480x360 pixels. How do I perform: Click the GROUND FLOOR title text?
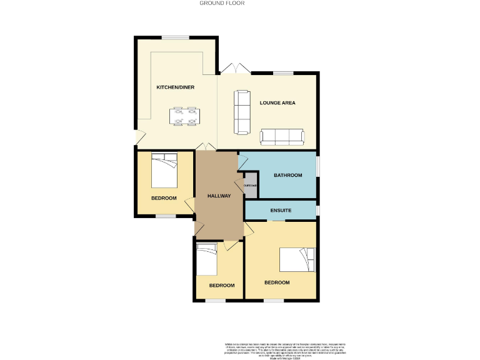click(222, 3)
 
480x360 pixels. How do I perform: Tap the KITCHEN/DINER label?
click(176, 87)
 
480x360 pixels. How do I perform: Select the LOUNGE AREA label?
click(277, 102)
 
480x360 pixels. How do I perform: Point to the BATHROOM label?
click(288, 176)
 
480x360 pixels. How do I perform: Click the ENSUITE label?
click(281, 211)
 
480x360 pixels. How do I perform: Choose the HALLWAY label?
click(219, 196)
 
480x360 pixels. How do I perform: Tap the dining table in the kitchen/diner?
click(185, 117)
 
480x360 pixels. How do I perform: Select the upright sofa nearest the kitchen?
click(241, 112)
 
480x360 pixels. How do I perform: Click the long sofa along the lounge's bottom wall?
click(282, 137)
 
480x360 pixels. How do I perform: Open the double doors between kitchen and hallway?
click(206, 147)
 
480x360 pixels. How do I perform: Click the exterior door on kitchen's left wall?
click(139, 136)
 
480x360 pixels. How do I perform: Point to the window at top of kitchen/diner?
click(177, 37)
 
